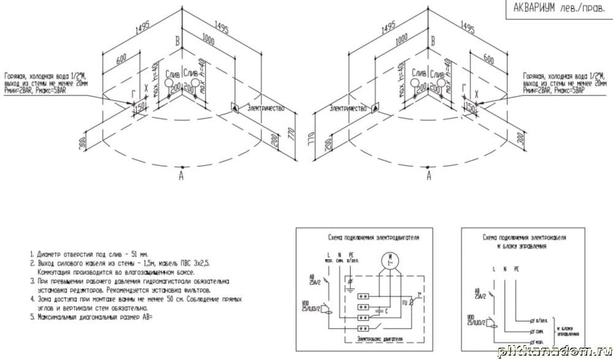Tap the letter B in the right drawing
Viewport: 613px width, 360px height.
(433, 42)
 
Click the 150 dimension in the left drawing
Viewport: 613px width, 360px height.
(139, 107)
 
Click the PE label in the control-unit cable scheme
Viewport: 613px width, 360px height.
(516, 269)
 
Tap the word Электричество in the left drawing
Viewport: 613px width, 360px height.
(265, 108)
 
